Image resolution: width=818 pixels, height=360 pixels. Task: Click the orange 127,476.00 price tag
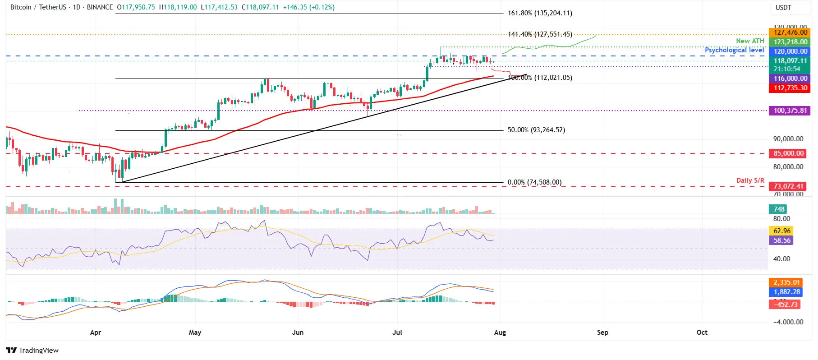790,32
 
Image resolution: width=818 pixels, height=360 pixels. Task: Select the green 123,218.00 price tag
790,42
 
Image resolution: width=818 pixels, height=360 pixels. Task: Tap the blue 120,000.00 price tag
790,51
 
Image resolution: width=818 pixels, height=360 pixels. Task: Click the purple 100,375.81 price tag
790,111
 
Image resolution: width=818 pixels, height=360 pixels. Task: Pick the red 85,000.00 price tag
788,153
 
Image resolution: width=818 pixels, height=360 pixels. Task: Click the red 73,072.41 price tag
788,186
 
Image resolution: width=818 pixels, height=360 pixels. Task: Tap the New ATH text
750,41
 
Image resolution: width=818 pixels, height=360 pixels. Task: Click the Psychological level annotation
734,50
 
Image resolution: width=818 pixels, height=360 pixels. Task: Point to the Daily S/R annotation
750,180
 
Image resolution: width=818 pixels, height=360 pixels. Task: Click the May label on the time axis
195,332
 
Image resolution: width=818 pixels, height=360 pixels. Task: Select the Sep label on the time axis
602,332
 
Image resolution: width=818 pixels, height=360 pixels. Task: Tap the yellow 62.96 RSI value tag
782,231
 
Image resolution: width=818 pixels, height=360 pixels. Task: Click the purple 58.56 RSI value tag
782,240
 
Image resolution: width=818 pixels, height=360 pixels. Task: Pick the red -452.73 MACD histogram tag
786,305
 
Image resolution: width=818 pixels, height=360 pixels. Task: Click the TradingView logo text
38,351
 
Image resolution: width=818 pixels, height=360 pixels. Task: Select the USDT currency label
783,8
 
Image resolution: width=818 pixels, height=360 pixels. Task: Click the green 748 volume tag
779,209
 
